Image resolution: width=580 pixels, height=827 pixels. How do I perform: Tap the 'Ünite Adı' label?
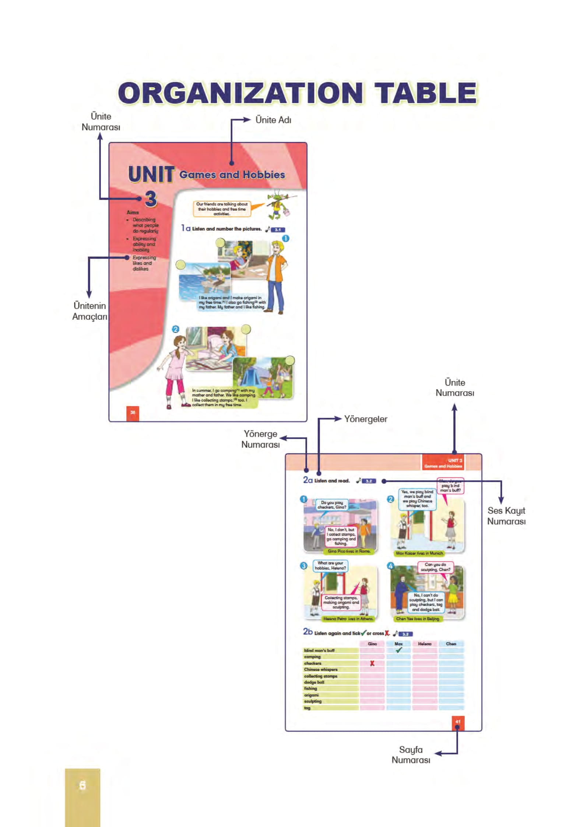(273, 120)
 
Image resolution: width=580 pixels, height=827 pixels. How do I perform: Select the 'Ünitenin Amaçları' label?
(89, 311)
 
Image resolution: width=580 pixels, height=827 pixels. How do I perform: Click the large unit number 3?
(151, 199)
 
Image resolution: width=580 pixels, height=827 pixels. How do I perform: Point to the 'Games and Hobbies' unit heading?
(232, 175)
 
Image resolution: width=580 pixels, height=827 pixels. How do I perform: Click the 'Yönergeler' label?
(365, 419)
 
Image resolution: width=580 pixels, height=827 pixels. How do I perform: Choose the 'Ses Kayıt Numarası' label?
(506, 516)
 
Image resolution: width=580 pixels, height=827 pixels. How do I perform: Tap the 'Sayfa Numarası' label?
(411, 754)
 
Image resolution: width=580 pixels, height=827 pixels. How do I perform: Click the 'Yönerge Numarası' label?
(260, 439)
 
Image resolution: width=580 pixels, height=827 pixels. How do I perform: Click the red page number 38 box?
(133, 413)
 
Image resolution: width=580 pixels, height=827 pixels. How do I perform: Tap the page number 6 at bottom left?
(82, 785)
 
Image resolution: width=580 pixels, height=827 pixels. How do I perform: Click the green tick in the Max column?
(398, 650)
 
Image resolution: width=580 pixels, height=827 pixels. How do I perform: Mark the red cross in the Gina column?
(372, 663)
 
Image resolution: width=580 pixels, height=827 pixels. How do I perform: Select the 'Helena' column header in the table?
(425, 644)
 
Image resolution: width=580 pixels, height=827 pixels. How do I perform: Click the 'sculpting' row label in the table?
(313, 701)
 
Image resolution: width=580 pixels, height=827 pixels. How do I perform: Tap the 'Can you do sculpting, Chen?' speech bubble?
(435, 567)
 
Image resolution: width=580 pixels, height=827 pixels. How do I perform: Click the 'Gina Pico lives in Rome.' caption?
(349, 551)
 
